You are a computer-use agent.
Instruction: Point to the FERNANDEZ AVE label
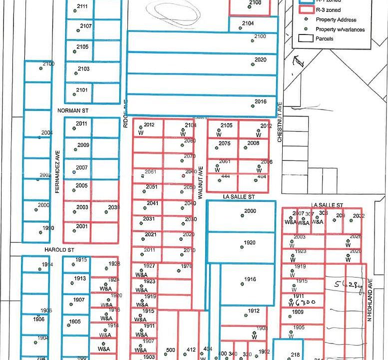coord(58,171)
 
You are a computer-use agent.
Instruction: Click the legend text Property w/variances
coord(340,29)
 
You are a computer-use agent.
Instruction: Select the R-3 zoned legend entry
coord(327,9)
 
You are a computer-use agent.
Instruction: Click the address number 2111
coord(82,6)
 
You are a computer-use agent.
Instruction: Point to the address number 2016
coord(260,101)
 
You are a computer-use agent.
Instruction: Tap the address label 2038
coord(114,207)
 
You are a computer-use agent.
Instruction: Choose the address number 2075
coord(225,143)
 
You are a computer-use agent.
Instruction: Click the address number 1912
coord(254,311)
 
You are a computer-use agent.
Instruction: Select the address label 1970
coord(186,266)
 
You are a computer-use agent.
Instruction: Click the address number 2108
coord(255,3)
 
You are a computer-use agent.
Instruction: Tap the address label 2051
coord(152,186)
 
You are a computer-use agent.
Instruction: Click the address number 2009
coord(83,145)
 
